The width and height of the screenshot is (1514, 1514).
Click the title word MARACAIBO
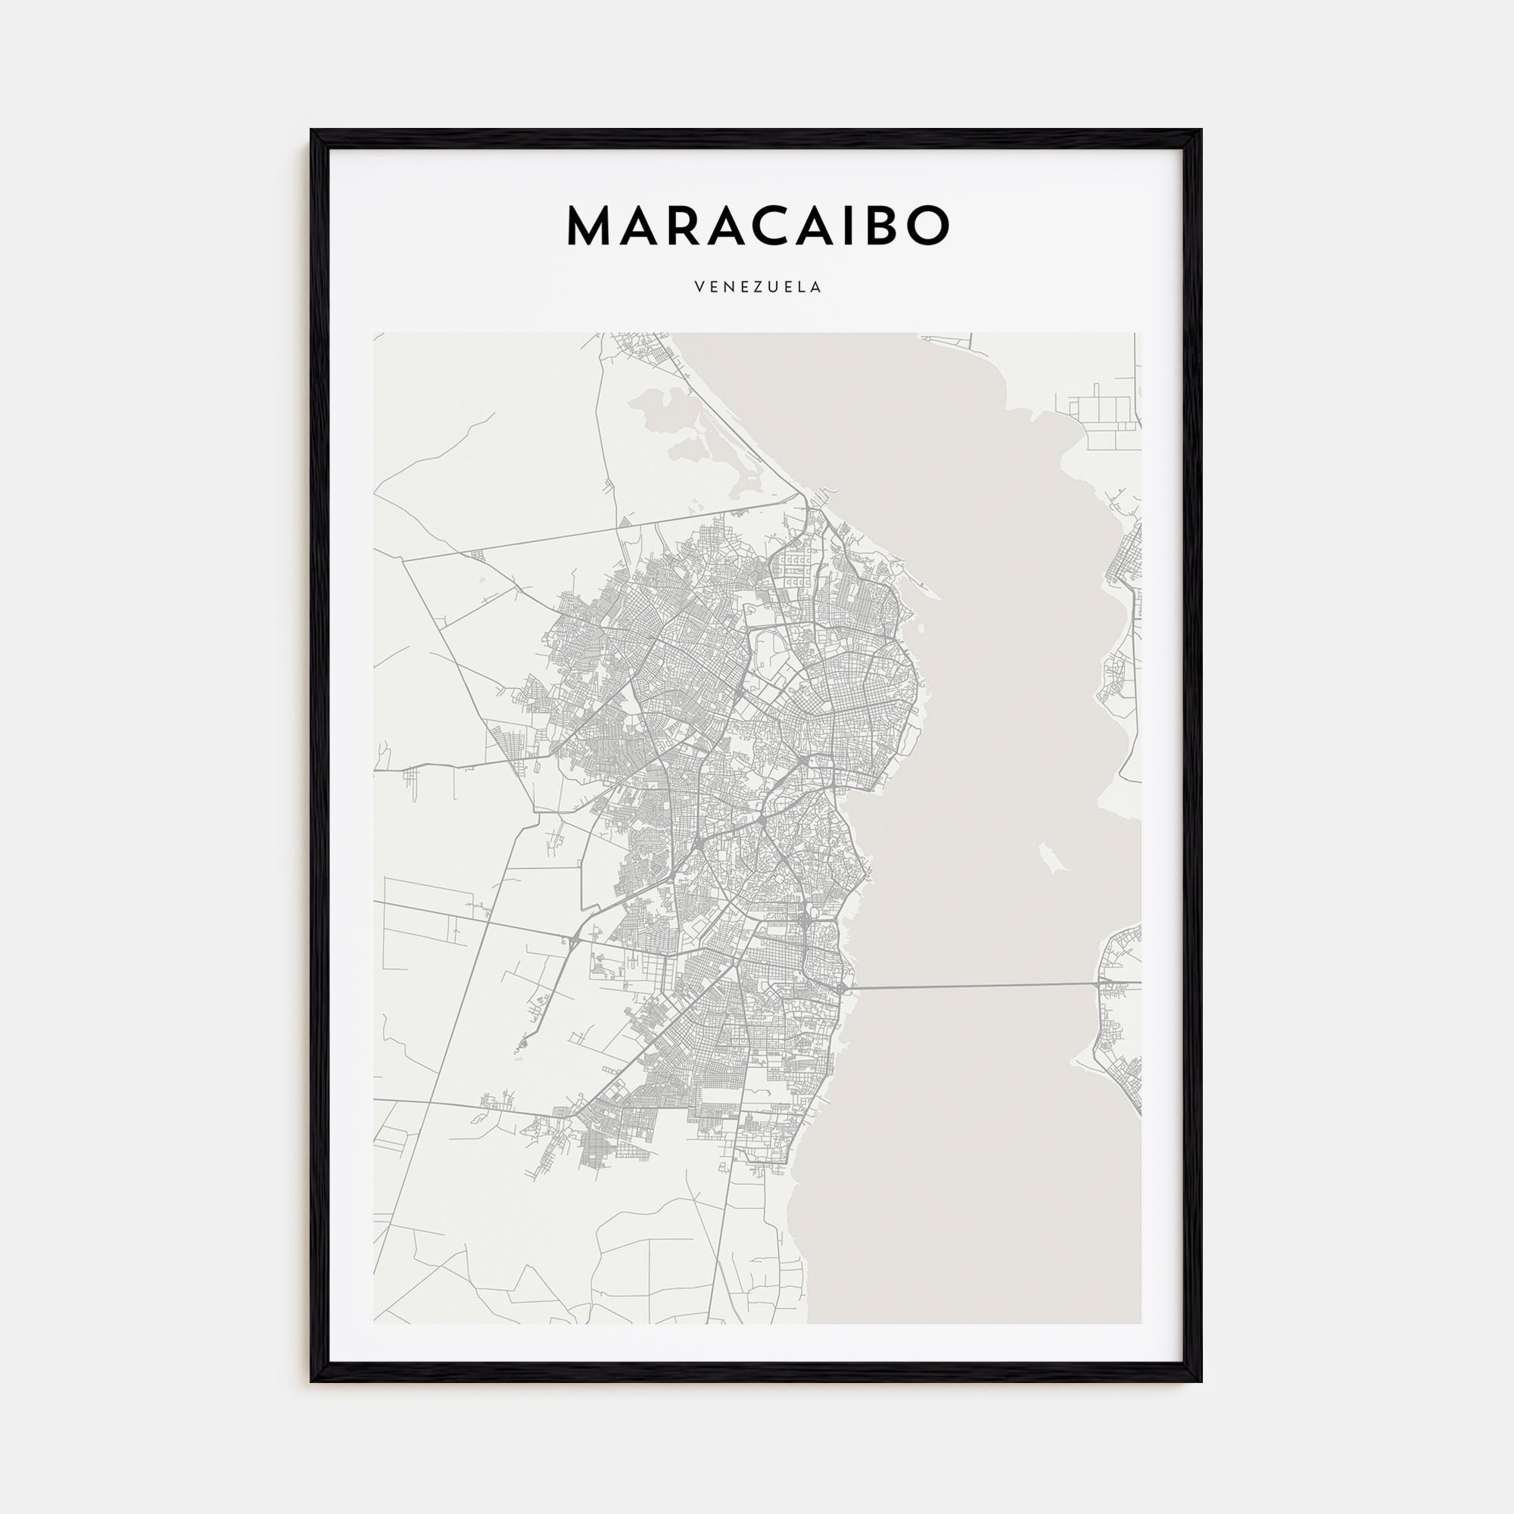point(757,226)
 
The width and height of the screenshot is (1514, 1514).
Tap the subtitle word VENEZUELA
point(757,288)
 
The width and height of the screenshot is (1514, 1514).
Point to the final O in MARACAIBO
point(927,226)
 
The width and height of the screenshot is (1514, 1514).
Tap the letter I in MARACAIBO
point(843,226)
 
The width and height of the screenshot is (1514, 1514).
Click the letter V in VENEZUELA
point(698,288)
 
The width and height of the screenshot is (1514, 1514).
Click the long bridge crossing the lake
point(972,986)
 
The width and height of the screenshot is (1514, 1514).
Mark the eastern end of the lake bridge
point(1098,983)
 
